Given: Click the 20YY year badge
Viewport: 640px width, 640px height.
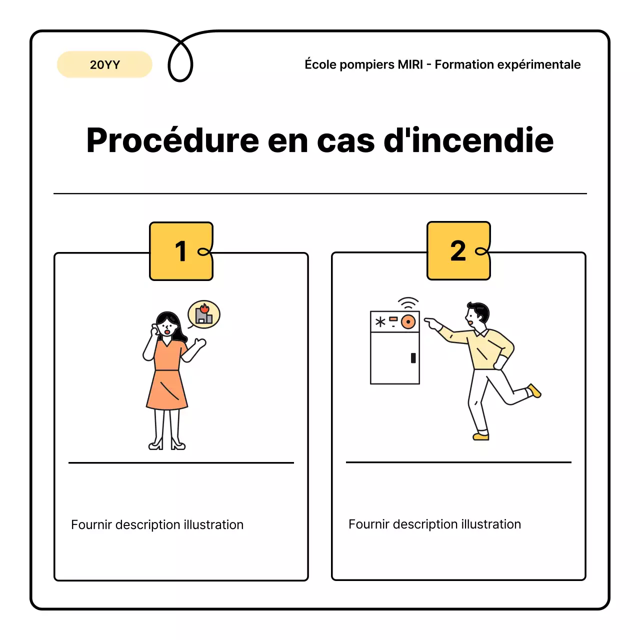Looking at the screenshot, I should pyautogui.click(x=104, y=64).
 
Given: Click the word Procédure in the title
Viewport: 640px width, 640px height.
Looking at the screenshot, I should pyautogui.click(x=172, y=140).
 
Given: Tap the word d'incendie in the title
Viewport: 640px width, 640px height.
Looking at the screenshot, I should pyautogui.click(x=468, y=140).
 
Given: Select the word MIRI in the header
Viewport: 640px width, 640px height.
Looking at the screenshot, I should pyautogui.click(x=410, y=64).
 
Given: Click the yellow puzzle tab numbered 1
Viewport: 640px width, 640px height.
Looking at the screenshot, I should pyautogui.click(x=181, y=251).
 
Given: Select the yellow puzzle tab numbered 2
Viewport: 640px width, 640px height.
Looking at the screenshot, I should pyautogui.click(x=458, y=250).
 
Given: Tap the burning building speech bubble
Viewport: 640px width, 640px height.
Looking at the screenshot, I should pyautogui.click(x=204, y=314).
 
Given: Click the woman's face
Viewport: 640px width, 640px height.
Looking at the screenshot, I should pyautogui.click(x=167, y=327).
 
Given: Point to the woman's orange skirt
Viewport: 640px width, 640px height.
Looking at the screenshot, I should pyautogui.click(x=167, y=390).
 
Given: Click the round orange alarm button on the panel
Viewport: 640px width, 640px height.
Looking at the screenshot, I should pyautogui.click(x=408, y=322).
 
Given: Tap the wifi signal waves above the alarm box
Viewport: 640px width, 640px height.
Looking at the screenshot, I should pyautogui.click(x=408, y=303).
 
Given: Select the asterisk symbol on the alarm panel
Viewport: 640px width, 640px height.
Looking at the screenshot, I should pyautogui.click(x=380, y=322).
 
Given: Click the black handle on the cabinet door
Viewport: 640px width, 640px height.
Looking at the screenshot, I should pyautogui.click(x=413, y=358).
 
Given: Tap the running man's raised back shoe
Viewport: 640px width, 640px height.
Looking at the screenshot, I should pyautogui.click(x=534, y=390).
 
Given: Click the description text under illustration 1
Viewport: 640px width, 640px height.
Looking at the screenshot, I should pyautogui.click(x=157, y=524).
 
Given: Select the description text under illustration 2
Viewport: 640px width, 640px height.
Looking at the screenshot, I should pyautogui.click(x=434, y=524).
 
